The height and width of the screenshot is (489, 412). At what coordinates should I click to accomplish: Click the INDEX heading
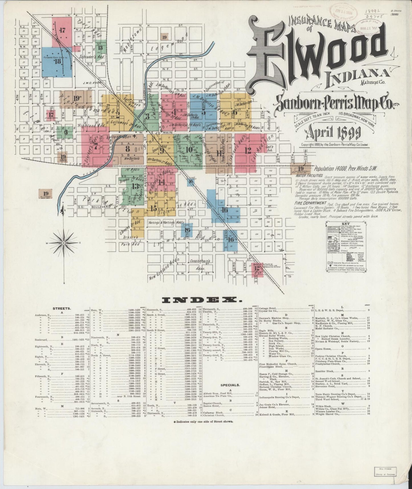coord(202,300)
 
